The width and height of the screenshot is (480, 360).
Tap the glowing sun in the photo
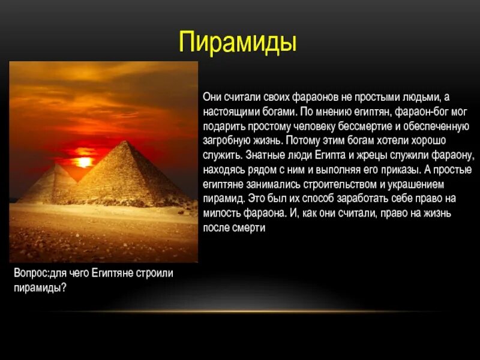click(83, 161)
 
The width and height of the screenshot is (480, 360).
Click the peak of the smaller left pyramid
click(56, 166)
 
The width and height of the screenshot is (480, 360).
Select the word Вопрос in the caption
click(30, 274)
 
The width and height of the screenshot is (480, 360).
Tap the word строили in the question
click(155, 274)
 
